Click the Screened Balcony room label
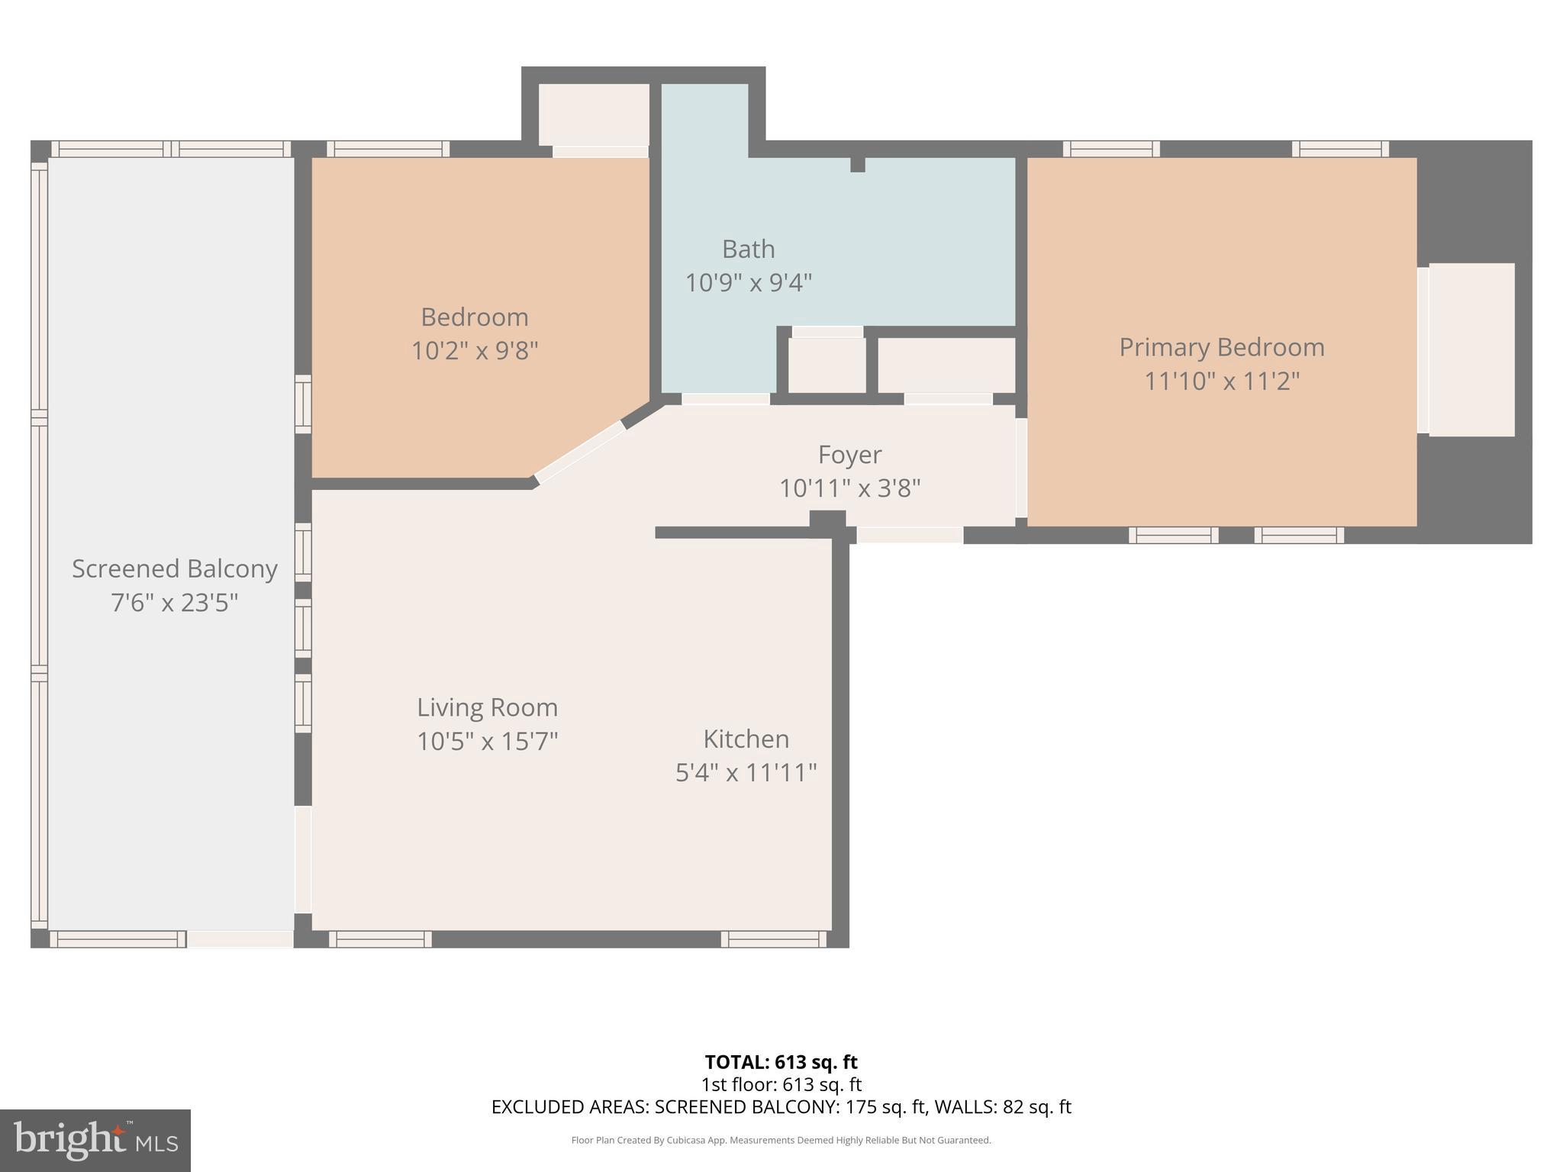[x=174, y=569]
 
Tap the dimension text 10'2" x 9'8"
[x=475, y=351]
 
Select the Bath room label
[x=748, y=250]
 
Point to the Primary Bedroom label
[x=1221, y=347]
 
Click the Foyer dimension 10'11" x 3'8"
[x=849, y=488]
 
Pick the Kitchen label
[x=746, y=739]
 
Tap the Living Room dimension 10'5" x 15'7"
[x=487, y=741]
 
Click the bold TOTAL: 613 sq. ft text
[x=781, y=1062]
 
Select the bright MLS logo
[x=95, y=1141]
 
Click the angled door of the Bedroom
[x=580, y=452]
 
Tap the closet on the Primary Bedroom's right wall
[x=1471, y=349]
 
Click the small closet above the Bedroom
[x=594, y=114]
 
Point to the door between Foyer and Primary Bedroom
[x=1021, y=468]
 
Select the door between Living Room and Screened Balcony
[x=303, y=859]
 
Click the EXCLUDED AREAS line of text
[x=781, y=1107]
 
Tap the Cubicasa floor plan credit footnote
[x=781, y=1141]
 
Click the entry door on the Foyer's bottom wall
[x=910, y=535]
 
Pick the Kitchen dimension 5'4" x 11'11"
[x=746, y=773]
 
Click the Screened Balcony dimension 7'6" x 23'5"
[x=174, y=604]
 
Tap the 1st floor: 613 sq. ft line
[x=781, y=1084]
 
